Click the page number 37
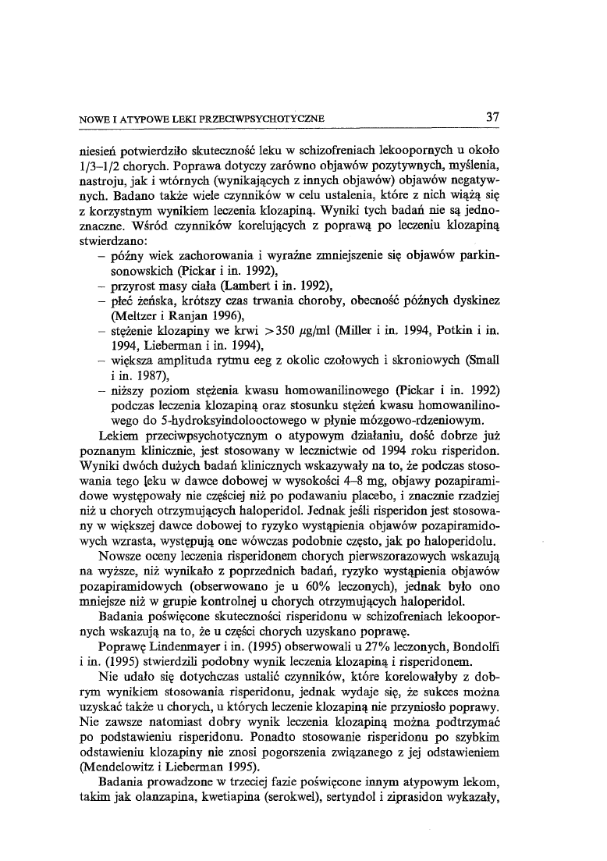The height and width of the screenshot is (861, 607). tap(492, 118)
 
